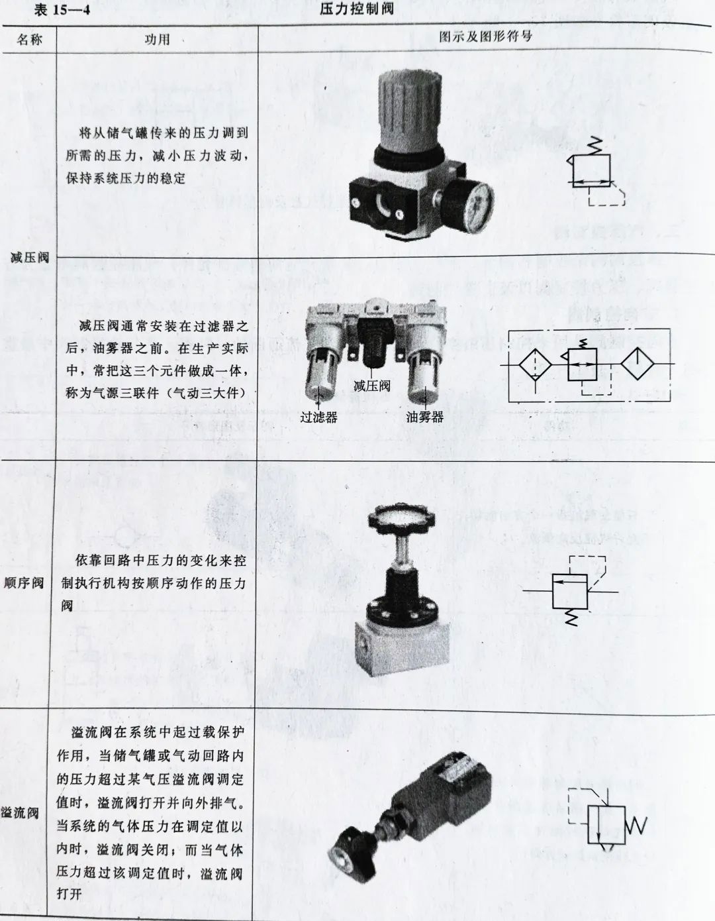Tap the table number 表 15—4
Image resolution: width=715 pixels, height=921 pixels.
pos(64,10)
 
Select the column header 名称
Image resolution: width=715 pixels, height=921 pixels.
pos(29,40)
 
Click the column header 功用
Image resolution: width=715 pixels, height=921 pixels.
pos(157,40)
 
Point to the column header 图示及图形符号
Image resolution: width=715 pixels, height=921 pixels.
pos(485,37)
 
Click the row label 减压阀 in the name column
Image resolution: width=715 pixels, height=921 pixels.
pos(29,257)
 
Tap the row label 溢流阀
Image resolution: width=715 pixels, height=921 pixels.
pos(20,812)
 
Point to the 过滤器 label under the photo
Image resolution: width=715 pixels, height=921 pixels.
pos(318,417)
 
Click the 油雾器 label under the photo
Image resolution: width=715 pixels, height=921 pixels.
pos(425,417)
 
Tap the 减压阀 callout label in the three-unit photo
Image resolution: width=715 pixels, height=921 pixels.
pos(371,386)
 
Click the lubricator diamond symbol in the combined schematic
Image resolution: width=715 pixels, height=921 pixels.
pos(640,364)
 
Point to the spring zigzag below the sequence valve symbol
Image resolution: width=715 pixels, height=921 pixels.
pos(571,616)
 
